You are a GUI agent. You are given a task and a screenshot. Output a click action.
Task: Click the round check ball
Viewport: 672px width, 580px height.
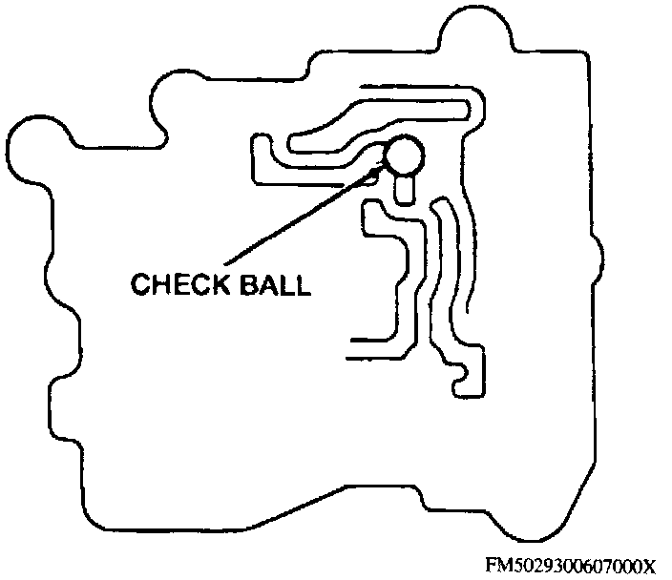[402, 155]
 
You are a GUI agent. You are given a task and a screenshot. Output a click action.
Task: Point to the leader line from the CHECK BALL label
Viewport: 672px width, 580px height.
[296, 215]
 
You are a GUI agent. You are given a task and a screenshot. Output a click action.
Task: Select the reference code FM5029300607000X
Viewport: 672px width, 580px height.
[571, 564]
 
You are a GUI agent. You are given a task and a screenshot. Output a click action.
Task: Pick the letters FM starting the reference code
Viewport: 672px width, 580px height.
[495, 564]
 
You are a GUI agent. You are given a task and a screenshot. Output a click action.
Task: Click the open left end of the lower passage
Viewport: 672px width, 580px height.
[355, 348]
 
